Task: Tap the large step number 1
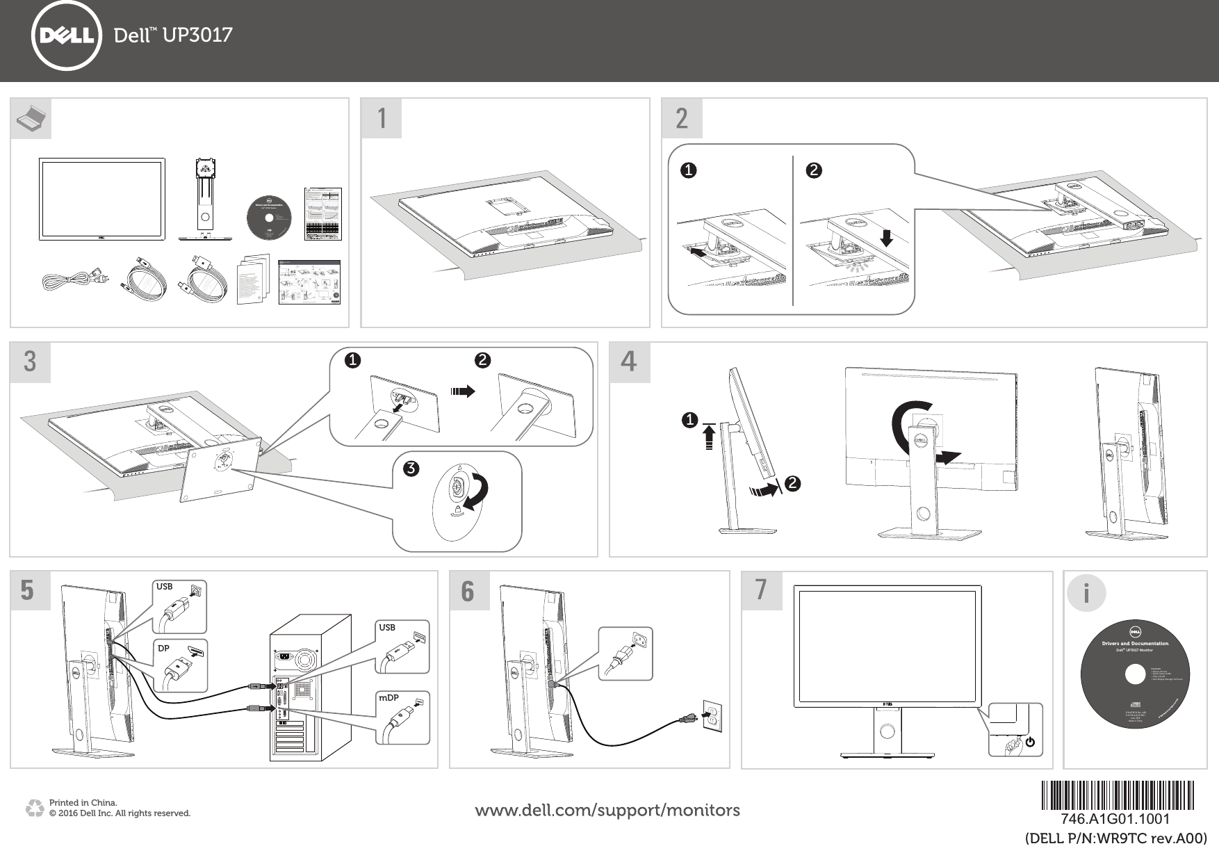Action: pos(381,119)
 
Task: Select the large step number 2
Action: pos(682,119)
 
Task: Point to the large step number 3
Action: pos(30,362)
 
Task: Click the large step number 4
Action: pos(629,362)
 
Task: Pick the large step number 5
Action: pos(30,590)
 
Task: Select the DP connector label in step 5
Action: pos(163,648)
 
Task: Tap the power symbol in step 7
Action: pos(1029,742)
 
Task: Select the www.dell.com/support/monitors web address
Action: pos(607,810)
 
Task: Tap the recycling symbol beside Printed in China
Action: pos(34,809)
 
